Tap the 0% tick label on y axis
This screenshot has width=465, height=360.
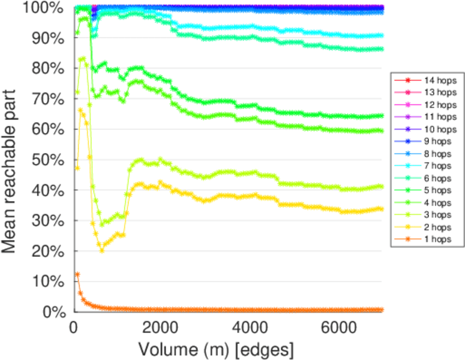[53, 312]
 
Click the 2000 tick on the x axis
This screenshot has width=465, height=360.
[161, 327]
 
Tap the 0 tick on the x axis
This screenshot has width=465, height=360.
[74, 327]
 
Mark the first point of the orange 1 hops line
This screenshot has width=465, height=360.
[77, 274]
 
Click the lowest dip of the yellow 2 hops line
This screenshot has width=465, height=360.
[101, 250]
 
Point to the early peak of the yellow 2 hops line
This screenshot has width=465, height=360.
[81, 110]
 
